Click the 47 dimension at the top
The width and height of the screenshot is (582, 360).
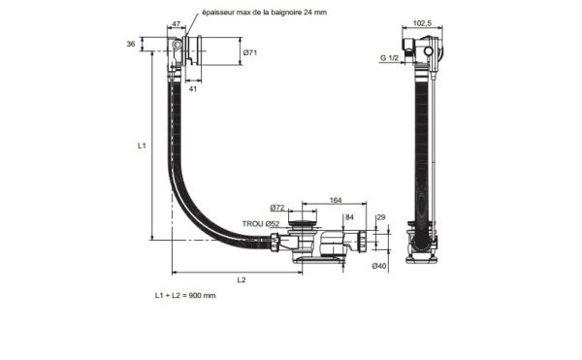tap(177, 24)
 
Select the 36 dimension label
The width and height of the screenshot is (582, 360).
tap(131, 45)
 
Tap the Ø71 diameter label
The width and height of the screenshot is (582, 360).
tap(250, 52)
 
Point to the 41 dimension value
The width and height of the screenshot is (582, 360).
tap(193, 88)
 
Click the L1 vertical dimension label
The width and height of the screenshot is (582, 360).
tap(142, 146)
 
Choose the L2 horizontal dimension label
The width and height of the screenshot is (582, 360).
tap(242, 279)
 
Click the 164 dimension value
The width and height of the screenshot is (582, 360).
tap(336, 201)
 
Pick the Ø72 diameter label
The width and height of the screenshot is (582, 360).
tap(277, 208)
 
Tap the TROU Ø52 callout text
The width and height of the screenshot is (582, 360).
tap(261, 224)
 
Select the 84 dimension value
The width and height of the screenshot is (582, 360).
tap(349, 217)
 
